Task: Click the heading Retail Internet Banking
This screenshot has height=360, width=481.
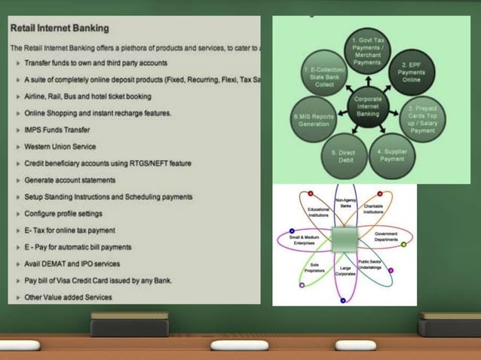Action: (60, 29)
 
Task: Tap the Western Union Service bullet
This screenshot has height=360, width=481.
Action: (60, 146)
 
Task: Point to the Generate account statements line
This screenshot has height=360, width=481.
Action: (69, 180)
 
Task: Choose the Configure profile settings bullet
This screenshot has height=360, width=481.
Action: (63, 213)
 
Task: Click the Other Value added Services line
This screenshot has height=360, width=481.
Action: (68, 297)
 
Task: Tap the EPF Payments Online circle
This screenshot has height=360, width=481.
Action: (414, 73)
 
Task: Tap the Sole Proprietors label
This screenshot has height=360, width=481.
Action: (314, 267)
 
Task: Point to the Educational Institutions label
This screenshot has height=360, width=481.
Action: (318, 212)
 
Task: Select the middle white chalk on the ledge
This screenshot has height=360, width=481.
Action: (240, 345)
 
